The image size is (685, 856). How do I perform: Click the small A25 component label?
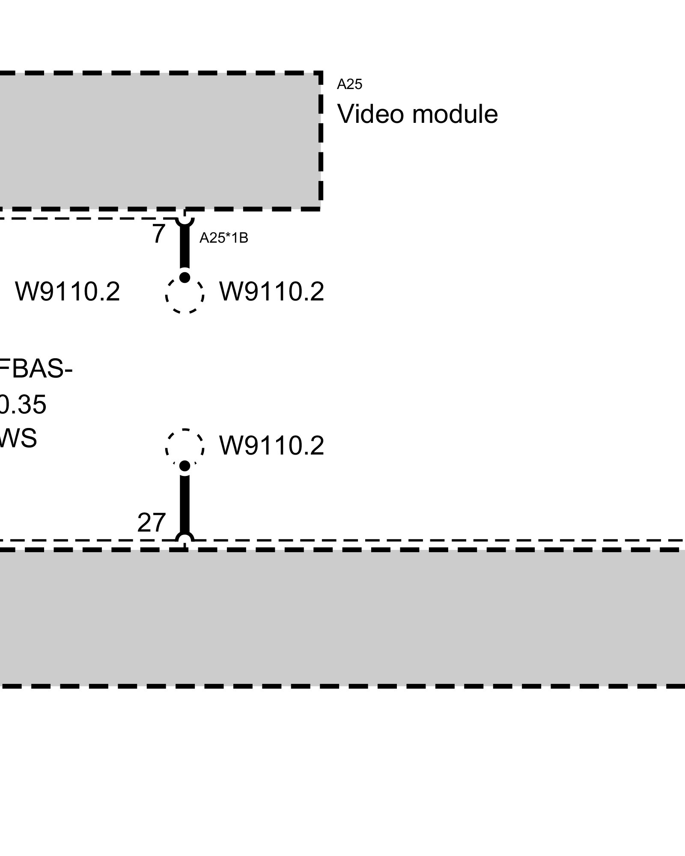point(349,84)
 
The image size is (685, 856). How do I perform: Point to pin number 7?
point(158,234)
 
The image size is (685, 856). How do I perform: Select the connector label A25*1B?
point(223,238)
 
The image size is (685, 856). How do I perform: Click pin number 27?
point(151,523)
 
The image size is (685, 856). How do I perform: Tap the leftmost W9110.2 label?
point(68,292)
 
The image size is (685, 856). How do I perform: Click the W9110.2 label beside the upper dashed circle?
point(271,292)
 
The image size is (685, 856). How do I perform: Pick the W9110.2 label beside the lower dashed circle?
point(271,446)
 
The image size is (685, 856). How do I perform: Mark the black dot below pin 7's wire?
point(185,277)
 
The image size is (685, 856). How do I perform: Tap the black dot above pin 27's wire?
point(185,466)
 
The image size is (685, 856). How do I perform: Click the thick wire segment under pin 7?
point(185,248)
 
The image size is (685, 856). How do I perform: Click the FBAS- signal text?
point(36,369)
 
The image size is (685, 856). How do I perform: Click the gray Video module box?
point(158,141)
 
